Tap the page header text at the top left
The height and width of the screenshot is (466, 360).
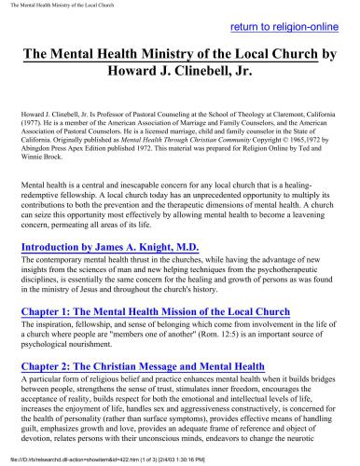(57, 6)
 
